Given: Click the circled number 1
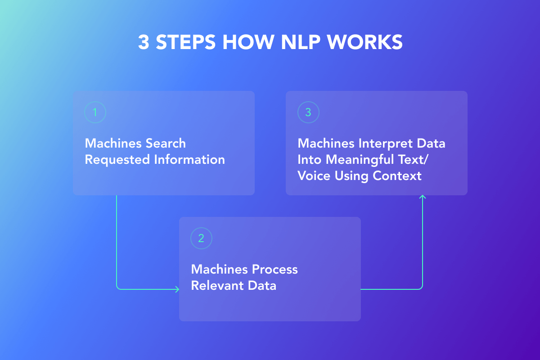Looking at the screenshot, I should tap(95, 112).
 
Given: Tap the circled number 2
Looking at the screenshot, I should tap(201, 238).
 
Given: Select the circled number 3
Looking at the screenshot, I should tap(308, 112).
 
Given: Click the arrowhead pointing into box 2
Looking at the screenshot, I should tap(177, 289).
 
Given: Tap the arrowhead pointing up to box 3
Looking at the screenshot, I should tap(423, 197).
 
